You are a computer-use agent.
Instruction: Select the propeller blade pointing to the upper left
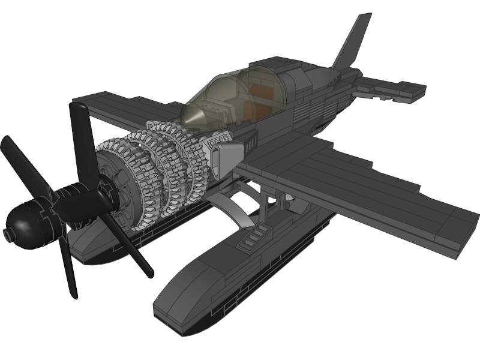[x=24, y=165]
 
